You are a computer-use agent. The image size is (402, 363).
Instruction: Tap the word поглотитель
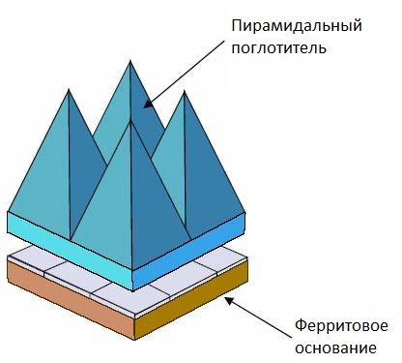[x=277, y=45]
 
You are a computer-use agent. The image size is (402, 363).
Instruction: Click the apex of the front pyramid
[x=129, y=122]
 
